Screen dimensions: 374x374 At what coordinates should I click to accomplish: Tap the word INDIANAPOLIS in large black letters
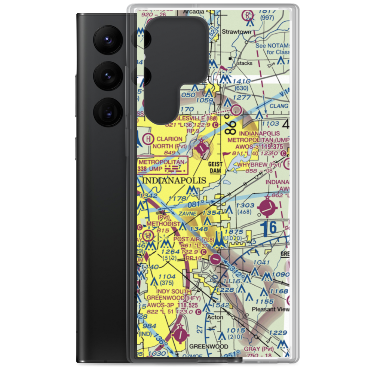coord(174,180)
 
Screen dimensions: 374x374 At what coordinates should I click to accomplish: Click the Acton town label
coord(215,317)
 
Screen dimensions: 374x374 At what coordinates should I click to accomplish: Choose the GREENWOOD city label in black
coord(209,347)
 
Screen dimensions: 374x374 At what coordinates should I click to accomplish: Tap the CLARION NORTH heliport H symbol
coord(149,139)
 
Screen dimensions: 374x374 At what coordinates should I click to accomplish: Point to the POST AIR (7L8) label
coord(194,239)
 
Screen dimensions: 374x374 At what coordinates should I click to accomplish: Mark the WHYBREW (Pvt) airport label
coord(258,165)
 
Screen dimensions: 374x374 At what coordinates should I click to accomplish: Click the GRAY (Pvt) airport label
coord(269,349)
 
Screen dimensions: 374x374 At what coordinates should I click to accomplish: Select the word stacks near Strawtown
coord(245,63)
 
